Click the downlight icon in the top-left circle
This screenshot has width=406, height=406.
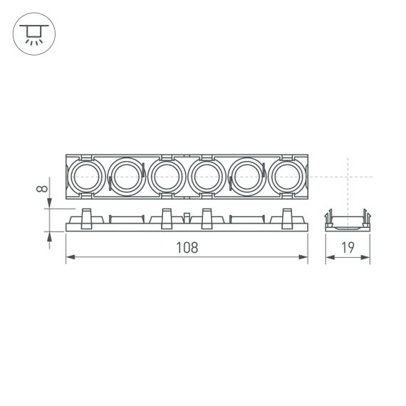click(32, 33)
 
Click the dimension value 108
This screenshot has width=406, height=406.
click(186, 247)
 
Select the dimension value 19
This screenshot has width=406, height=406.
click(348, 247)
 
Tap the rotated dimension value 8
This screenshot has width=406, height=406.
click(43, 189)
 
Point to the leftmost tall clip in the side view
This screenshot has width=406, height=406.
click(87, 217)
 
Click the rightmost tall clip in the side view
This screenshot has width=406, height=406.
click(288, 217)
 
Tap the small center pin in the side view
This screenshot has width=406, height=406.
click(187, 219)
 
